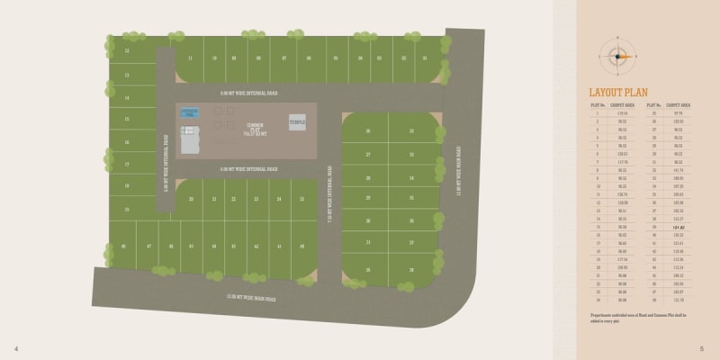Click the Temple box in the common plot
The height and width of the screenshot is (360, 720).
click(x=296, y=121)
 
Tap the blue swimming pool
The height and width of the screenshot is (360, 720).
click(x=189, y=112)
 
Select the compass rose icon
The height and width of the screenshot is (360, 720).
click(x=617, y=56)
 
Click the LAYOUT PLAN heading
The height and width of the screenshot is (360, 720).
click(x=618, y=92)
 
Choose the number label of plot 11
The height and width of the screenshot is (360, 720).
click(x=190, y=58)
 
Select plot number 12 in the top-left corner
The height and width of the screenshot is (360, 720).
click(x=127, y=50)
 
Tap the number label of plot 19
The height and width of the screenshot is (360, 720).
click(x=127, y=210)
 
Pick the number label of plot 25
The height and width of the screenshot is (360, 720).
click(x=301, y=198)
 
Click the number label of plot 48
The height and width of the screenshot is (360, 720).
click(x=123, y=246)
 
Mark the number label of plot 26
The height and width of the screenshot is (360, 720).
click(x=368, y=131)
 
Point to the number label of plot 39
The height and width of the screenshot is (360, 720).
click(x=411, y=269)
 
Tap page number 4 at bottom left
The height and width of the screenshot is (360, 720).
click(x=16, y=348)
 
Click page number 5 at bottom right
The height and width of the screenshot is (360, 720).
click(x=702, y=348)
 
